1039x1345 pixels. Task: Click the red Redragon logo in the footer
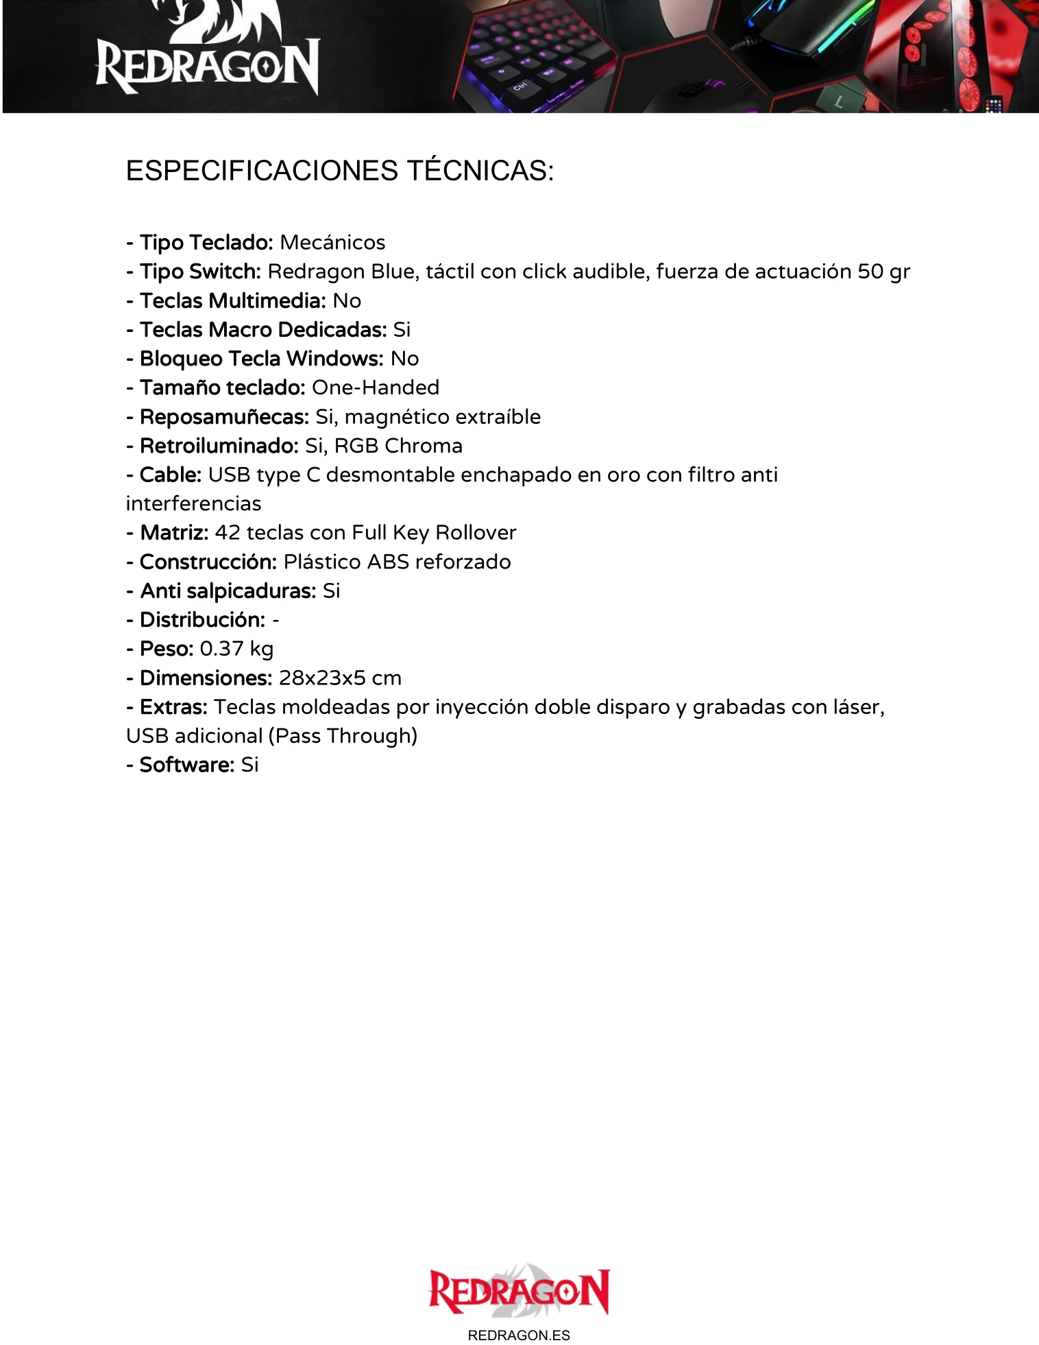click(519, 1292)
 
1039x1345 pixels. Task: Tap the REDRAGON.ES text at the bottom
click(519, 1335)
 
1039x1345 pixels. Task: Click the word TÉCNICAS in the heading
click(480, 171)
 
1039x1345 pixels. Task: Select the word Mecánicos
click(332, 243)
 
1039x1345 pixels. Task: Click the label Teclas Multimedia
click(232, 300)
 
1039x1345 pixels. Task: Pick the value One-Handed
click(375, 388)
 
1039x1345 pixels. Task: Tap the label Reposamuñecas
click(224, 417)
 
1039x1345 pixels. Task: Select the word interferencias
click(193, 503)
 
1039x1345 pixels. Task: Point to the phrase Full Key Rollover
click(434, 533)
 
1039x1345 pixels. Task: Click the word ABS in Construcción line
click(388, 562)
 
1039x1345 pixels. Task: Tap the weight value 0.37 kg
click(236, 649)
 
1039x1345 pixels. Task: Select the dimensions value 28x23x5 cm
click(340, 678)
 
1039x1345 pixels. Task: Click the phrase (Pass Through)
click(343, 736)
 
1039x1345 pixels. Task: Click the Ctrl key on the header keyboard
click(521, 87)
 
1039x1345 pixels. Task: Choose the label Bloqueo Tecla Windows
click(261, 359)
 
